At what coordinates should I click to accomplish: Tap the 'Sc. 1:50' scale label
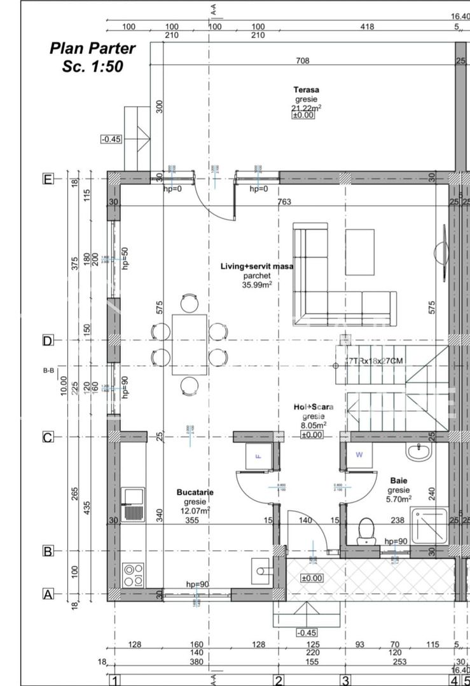pos(92,67)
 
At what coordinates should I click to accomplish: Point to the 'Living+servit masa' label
pos(256,267)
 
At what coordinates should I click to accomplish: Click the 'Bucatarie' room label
pos(195,492)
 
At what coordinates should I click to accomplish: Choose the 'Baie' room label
pos(399,481)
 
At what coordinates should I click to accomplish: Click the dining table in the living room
pos(189,344)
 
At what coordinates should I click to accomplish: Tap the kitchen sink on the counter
pos(133,504)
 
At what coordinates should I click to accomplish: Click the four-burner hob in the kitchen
pos(133,574)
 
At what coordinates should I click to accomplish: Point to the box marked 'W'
pos(359,455)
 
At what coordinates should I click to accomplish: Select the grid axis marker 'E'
pos(47,178)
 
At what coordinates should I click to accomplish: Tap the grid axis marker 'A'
pos(47,595)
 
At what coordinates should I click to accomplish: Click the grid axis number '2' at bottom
pos(278,680)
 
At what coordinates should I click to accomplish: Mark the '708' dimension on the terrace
pos(303,61)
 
